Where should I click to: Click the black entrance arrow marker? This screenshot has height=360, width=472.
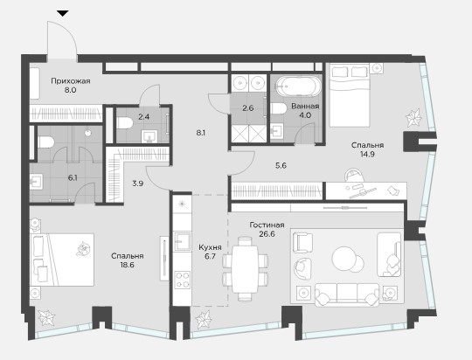[x=63, y=13]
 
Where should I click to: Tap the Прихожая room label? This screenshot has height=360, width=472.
[x=71, y=81]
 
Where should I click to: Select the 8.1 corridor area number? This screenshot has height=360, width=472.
[x=201, y=133]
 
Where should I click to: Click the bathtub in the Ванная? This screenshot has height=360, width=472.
[x=298, y=87]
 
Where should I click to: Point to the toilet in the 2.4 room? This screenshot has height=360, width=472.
[x=125, y=123]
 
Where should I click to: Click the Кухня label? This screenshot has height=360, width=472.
[x=210, y=247]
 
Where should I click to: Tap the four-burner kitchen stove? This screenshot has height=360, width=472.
[x=183, y=280]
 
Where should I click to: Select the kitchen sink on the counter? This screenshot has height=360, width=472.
[x=183, y=241]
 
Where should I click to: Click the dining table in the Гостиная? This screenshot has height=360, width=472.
[x=245, y=269]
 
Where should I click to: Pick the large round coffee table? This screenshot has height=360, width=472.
[x=344, y=259]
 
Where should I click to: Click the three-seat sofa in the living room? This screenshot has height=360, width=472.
[x=347, y=294]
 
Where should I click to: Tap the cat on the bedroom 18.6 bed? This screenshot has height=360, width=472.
[x=84, y=249]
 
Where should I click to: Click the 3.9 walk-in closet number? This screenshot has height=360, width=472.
[x=138, y=183]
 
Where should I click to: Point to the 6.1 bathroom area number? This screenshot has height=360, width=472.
[x=73, y=178]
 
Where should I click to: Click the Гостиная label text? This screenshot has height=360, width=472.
[x=267, y=225]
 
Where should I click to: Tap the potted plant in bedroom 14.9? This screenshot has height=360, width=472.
[x=413, y=118]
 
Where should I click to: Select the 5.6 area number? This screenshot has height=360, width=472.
[x=281, y=165]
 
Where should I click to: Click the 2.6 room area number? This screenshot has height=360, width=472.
[x=247, y=108]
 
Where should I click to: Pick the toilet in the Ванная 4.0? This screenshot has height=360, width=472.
[x=279, y=108]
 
